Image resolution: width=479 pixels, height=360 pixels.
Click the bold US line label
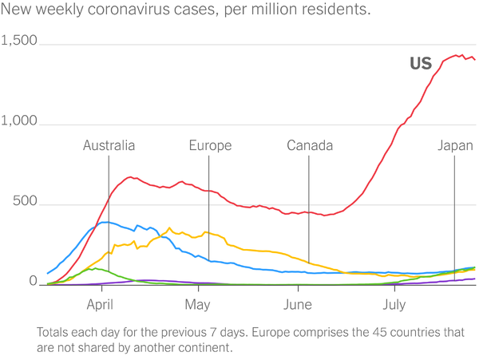click(x=421, y=64)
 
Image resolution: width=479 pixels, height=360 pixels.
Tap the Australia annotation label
click(x=109, y=145)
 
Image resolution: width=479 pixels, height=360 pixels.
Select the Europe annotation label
click(x=210, y=145)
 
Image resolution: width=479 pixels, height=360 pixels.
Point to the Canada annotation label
click(x=310, y=145)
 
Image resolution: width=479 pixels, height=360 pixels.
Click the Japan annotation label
click(x=454, y=145)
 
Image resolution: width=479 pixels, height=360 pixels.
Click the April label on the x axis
click(x=100, y=304)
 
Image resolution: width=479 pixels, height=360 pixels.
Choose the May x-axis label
click(x=197, y=304)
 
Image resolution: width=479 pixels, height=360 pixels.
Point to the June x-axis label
click(x=297, y=304)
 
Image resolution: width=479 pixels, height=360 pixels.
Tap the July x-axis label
click(x=394, y=304)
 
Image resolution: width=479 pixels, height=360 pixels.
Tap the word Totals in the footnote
click(x=54, y=331)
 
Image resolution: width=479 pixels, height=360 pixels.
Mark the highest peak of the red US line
click(x=457, y=55)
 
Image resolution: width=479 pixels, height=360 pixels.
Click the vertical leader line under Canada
click(x=309, y=208)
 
